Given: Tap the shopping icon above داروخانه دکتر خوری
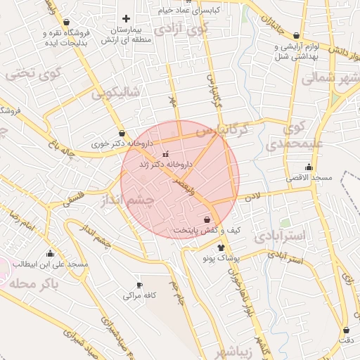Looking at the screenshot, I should click(122, 132).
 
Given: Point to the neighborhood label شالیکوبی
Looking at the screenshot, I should click(116, 91).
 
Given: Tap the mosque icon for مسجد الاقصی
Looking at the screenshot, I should click(309, 167).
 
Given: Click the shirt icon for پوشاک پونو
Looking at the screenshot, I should click(221, 247).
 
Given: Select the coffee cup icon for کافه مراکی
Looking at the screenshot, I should click(139, 285).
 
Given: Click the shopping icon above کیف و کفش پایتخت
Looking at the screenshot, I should click(206, 219).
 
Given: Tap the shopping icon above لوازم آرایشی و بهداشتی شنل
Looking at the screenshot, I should click(296, 35).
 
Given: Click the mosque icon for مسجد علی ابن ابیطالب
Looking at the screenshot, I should click(50, 254).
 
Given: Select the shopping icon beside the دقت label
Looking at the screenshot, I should click(346, 330).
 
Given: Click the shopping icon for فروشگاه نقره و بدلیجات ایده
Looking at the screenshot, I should click(66, 22).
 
